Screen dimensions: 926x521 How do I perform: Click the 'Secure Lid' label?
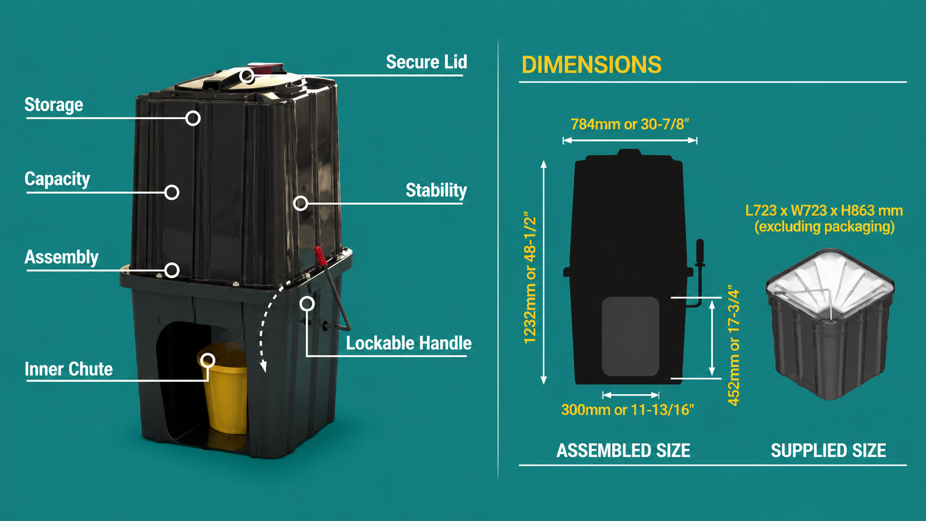click(426, 62)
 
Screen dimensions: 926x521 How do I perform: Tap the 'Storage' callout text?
click(54, 105)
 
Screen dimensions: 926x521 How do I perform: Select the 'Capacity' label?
click(57, 179)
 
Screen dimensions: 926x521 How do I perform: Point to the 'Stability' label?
click(436, 190)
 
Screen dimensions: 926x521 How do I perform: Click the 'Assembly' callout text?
click(61, 257)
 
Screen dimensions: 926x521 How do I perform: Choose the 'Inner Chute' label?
click(69, 369)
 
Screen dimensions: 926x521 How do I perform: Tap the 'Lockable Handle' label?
click(409, 343)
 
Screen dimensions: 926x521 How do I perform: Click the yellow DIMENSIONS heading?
click(591, 64)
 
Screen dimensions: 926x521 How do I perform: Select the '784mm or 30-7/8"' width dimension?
click(630, 124)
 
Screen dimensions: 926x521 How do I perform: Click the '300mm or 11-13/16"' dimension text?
click(627, 410)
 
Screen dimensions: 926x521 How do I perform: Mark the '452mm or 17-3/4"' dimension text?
click(733, 345)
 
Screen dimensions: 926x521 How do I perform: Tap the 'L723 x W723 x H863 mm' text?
click(824, 211)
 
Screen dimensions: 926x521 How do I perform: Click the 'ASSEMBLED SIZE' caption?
click(624, 450)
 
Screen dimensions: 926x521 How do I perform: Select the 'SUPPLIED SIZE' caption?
click(829, 450)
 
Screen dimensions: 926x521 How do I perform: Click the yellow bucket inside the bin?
click(225, 388)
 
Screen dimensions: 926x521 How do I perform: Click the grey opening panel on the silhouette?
click(630, 336)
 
